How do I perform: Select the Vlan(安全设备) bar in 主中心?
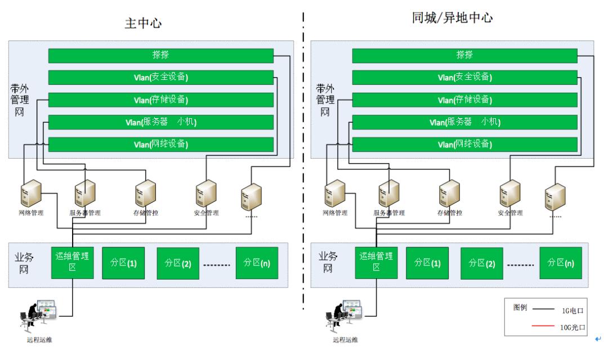tap(161, 78)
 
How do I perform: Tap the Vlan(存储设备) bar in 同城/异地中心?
tap(464, 100)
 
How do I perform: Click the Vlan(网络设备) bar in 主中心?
tap(161, 145)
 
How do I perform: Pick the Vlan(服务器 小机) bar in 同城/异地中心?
tap(464, 122)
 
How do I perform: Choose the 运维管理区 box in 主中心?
tap(73, 262)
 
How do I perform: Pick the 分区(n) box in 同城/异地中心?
tap(561, 263)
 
